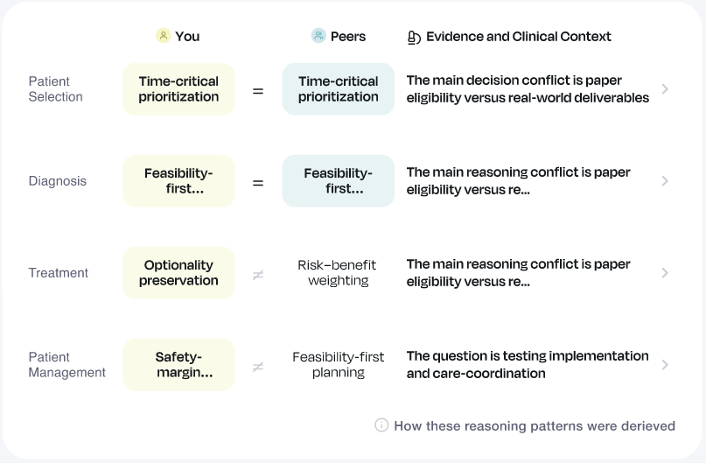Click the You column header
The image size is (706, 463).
coord(178,36)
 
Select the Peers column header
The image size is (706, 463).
coord(339,36)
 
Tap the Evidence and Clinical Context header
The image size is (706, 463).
coord(510,37)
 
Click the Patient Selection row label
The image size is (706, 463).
coord(55,89)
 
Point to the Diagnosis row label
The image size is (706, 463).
coord(58,181)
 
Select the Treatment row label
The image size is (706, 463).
coord(59,273)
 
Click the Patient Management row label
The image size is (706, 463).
coord(66,365)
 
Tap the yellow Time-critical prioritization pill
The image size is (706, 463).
coord(178,89)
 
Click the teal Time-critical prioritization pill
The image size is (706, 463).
coord(339,89)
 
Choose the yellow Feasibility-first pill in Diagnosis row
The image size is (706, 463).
coord(178,181)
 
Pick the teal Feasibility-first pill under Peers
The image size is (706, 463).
coord(339,181)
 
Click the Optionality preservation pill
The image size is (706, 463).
coord(178,273)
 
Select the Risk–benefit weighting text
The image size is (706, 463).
coord(339,273)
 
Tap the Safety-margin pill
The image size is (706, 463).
coord(178,365)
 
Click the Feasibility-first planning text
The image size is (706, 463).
coord(339,365)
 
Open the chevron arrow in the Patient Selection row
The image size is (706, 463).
coord(666,89)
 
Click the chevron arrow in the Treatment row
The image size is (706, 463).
coord(666,273)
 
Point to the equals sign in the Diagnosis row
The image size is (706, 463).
coord(258,182)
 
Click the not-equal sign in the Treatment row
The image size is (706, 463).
coord(258,274)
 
